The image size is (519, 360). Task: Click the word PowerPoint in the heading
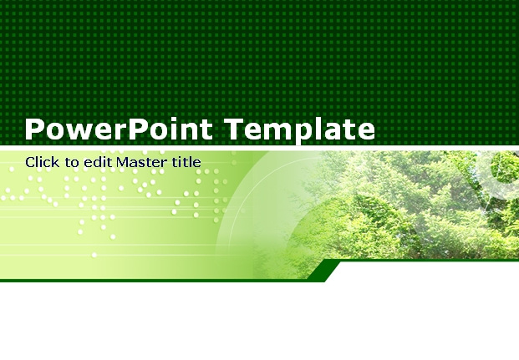click(x=119, y=129)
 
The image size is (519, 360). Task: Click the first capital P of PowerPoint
click(x=33, y=129)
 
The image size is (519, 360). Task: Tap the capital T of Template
click(x=235, y=129)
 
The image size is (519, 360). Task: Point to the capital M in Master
click(x=124, y=163)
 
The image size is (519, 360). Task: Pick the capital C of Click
click(x=30, y=163)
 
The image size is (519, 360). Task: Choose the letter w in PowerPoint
click(x=76, y=131)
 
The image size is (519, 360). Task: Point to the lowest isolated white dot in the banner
click(x=94, y=255)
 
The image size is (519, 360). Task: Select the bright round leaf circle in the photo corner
click(x=504, y=167)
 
